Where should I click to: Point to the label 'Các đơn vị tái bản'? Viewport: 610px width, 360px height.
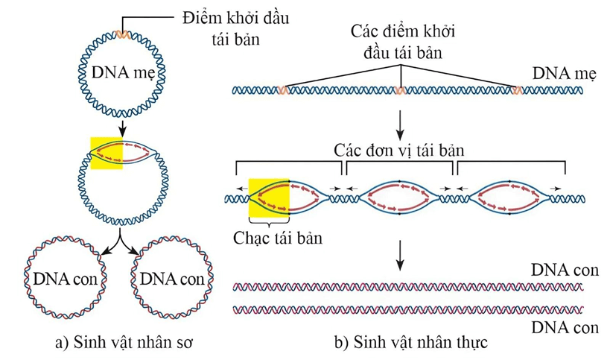(x=399, y=150)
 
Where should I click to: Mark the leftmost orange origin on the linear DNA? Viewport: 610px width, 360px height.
(x=282, y=91)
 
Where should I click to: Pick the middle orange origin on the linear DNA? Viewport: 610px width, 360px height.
(x=400, y=91)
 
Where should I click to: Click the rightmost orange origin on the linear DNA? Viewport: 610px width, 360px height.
(x=517, y=91)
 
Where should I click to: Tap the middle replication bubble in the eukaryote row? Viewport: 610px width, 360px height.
(x=400, y=198)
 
